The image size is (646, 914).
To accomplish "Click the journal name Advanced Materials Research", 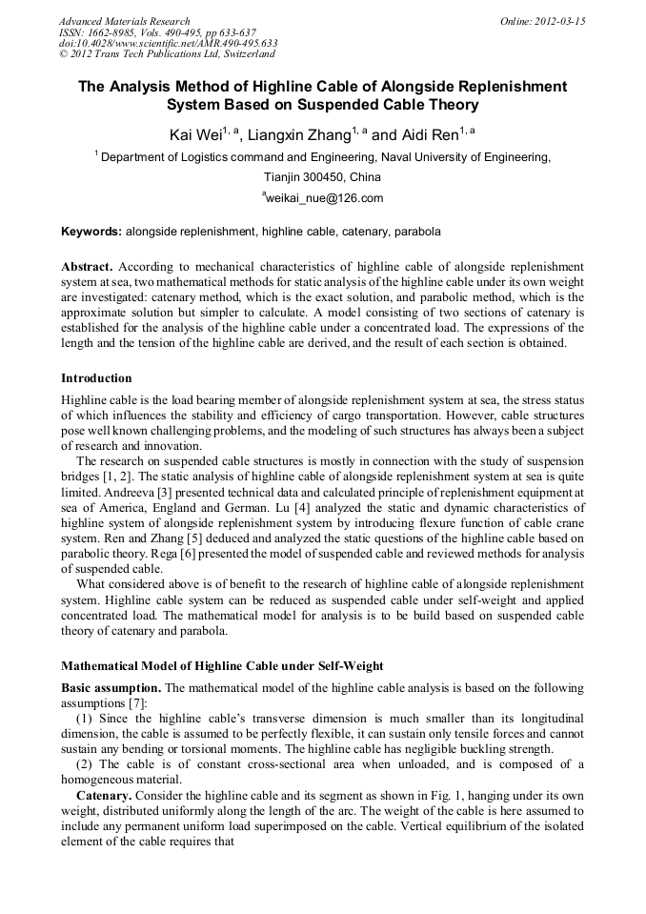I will tap(124, 21).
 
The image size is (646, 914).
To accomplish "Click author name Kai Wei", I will tap(194, 135).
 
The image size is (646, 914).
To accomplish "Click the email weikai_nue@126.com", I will tap(323, 198).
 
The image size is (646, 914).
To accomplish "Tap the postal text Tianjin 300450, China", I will tap(322, 177).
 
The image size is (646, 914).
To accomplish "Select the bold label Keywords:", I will tap(91, 232).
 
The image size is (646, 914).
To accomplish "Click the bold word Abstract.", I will tap(86, 267).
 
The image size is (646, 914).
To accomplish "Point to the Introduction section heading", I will tap(96, 378).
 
